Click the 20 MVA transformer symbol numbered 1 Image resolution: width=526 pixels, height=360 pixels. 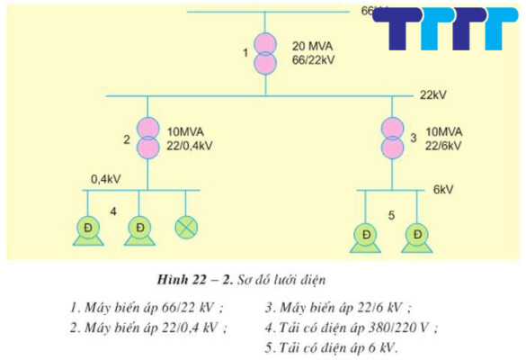coord(265,53)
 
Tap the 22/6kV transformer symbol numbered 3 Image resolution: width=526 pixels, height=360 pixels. coord(392,138)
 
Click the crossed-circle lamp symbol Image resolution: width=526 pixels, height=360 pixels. coord(187,227)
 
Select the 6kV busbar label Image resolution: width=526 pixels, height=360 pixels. coord(443,191)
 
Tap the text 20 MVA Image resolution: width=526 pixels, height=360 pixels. coord(311,45)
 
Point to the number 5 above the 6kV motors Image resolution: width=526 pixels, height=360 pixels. coord(391,216)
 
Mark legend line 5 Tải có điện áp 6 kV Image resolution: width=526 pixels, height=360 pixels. coord(332,347)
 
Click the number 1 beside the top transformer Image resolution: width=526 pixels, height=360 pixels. coord(245,53)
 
